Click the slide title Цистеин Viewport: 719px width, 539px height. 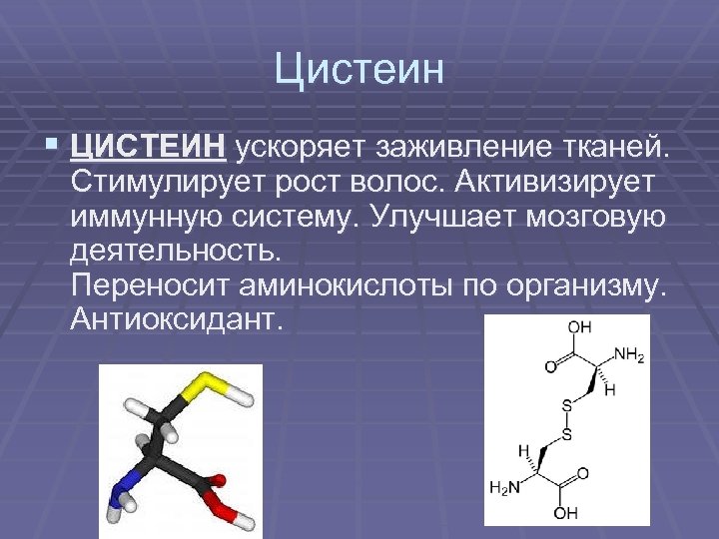pos(359,71)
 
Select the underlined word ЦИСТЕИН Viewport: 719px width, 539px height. pos(147,148)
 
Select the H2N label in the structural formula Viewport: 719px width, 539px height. pos(506,488)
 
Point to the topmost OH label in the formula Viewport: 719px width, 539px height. pos(579,327)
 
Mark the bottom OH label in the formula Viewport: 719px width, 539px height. pos(566,515)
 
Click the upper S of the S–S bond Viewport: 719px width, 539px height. pos(566,406)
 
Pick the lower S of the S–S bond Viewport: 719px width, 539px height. pos(566,435)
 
